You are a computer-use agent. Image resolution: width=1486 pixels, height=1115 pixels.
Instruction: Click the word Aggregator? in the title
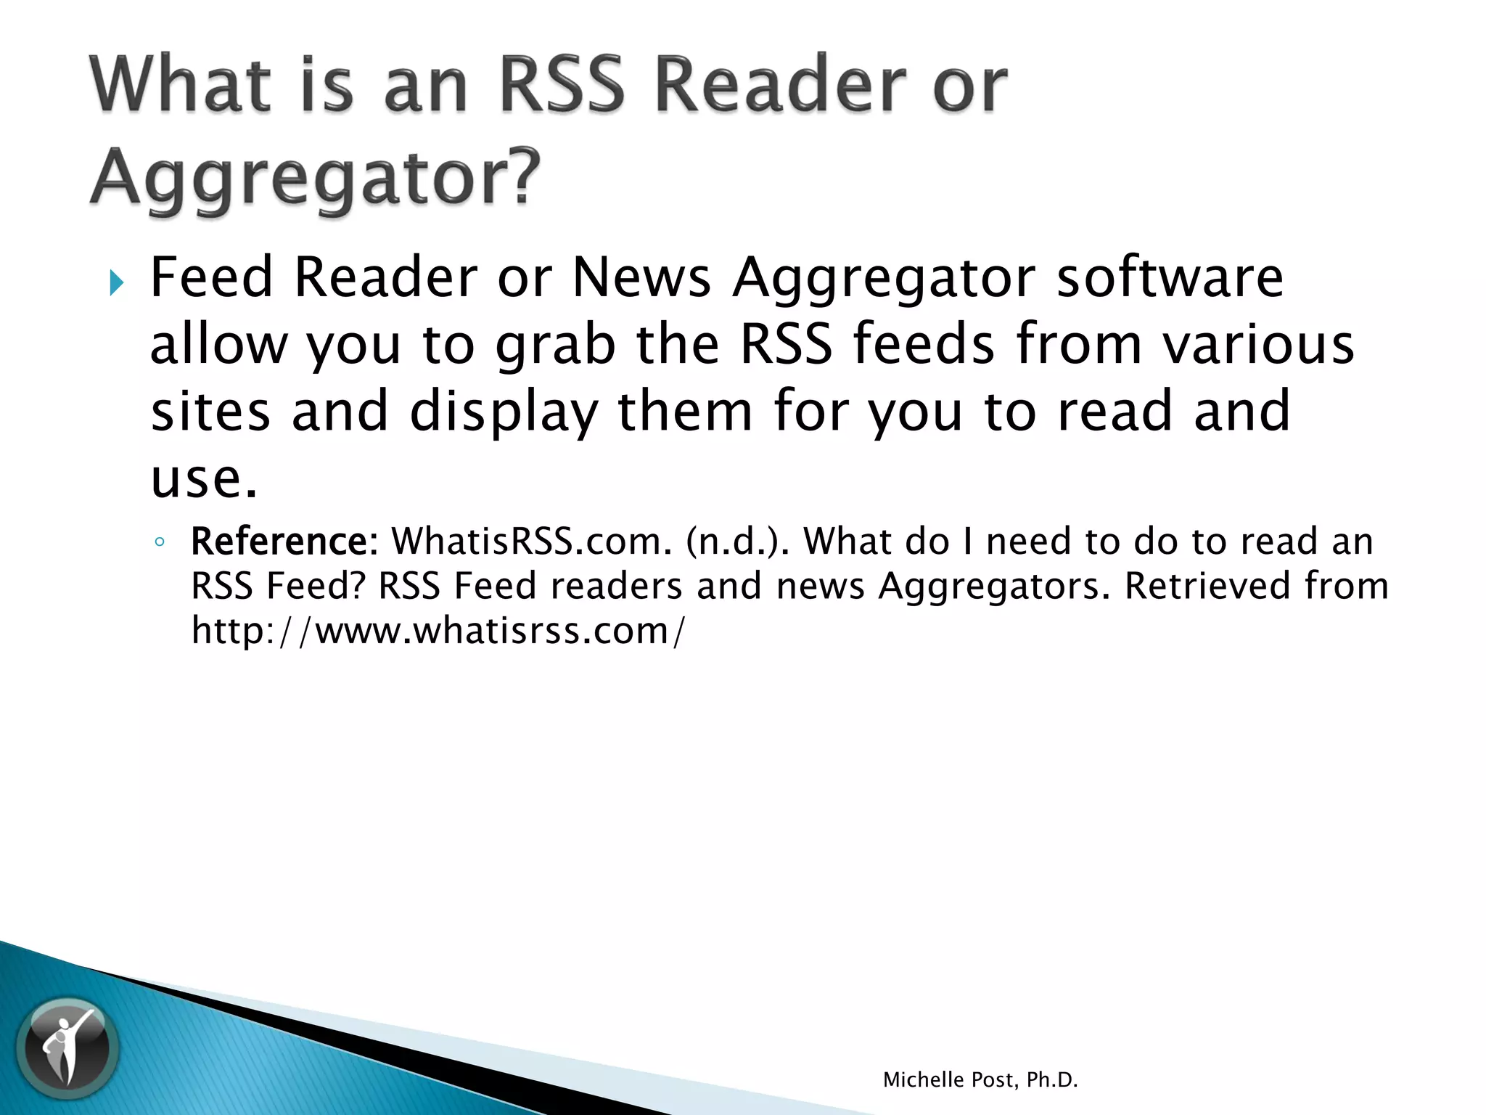(x=316, y=176)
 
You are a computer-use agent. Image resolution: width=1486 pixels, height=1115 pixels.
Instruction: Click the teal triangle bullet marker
(x=116, y=282)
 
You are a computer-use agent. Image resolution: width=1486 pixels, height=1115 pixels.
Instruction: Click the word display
(x=504, y=412)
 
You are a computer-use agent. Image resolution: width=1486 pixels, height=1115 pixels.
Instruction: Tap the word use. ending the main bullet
(x=204, y=479)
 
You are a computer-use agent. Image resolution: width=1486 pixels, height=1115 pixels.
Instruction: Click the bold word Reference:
(x=284, y=542)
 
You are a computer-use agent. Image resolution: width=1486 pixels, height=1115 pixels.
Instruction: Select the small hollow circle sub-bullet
(x=160, y=542)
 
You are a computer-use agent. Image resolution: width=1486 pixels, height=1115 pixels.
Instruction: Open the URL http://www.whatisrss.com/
(x=438, y=630)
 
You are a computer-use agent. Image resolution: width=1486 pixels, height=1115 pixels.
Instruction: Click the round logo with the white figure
(x=67, y=1047)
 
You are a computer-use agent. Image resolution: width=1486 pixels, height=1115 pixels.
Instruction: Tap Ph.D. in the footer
(x=1052, y=1080)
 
